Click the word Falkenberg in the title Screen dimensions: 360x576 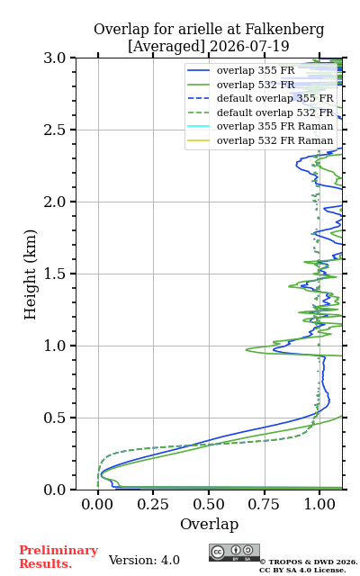[x=284, y=30]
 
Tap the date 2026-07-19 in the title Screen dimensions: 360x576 [x=249, y=47]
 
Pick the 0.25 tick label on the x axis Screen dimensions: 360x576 [x=153, y=504]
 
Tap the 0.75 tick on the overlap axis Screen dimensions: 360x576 [x=264, y=504]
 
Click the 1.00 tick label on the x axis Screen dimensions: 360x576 [x=319, y=504]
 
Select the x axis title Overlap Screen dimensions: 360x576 [x=210, y=524]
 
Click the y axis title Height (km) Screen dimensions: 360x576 [x=31, y=274]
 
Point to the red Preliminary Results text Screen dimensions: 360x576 [x=58, y=557]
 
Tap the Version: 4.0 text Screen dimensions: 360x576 [x=144, y=560]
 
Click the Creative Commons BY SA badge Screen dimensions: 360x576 [x=234, y=553]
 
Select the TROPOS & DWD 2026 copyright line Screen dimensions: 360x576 [x=309, y=562]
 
